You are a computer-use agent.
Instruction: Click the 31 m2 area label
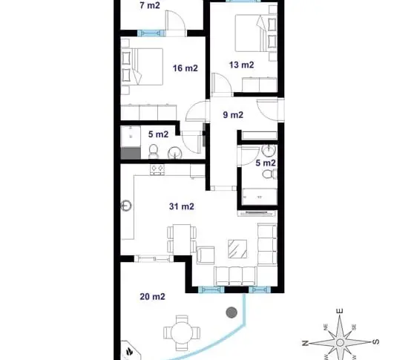point(182,206)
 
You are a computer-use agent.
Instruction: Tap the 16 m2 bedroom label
point(185,68)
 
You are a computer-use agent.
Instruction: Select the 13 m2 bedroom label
point(241,65)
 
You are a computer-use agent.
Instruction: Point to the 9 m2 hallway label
point(233,115)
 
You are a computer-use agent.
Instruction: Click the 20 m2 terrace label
point(153,297)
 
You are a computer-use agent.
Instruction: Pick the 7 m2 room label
point(150,5)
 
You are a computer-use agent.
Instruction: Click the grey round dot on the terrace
point(232,312)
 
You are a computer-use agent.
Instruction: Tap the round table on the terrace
point(182,333)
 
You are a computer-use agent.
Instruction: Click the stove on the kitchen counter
point(157,169)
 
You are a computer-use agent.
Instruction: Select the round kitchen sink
point(126,206)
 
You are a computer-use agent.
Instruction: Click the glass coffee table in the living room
point(237,249)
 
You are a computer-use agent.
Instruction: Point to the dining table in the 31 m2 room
point(182,239)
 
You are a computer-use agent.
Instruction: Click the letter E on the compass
point(340,311)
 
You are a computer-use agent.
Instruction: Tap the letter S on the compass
point(375,341)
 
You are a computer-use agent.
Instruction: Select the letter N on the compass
point(305,343)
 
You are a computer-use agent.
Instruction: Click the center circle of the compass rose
point(340,342)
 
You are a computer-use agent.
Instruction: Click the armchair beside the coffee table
point(206,255)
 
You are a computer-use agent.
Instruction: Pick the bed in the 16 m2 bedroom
point(142,66)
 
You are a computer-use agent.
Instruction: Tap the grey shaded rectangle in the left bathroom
point(131,154)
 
